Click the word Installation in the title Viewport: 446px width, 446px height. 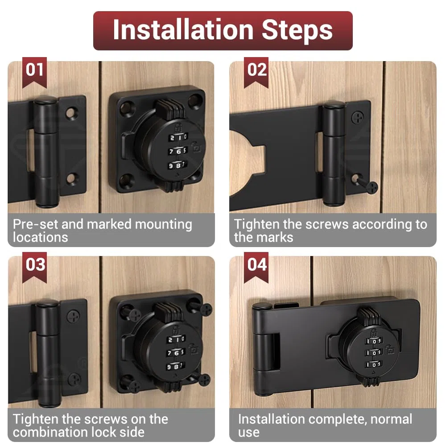click(183, 29)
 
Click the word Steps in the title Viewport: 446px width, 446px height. click(297, 31)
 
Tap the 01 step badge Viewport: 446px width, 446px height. click(34, 72)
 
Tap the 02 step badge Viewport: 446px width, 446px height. click(256, 72)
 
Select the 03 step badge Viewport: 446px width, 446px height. click(34, 267)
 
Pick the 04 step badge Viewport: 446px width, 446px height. click(256, 267)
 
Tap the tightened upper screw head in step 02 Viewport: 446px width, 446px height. click(358, 117)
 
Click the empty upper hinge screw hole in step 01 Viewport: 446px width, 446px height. click(72, 113)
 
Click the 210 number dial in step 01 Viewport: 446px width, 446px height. click(178, 137)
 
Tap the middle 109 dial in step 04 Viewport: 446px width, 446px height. click(374, 353)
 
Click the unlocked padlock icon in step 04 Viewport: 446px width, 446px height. click(390, 350)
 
